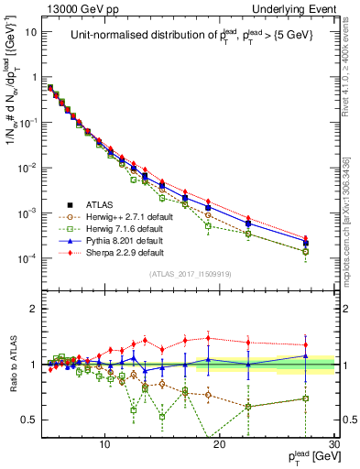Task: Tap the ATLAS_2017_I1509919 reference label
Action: tap(190, 274)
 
